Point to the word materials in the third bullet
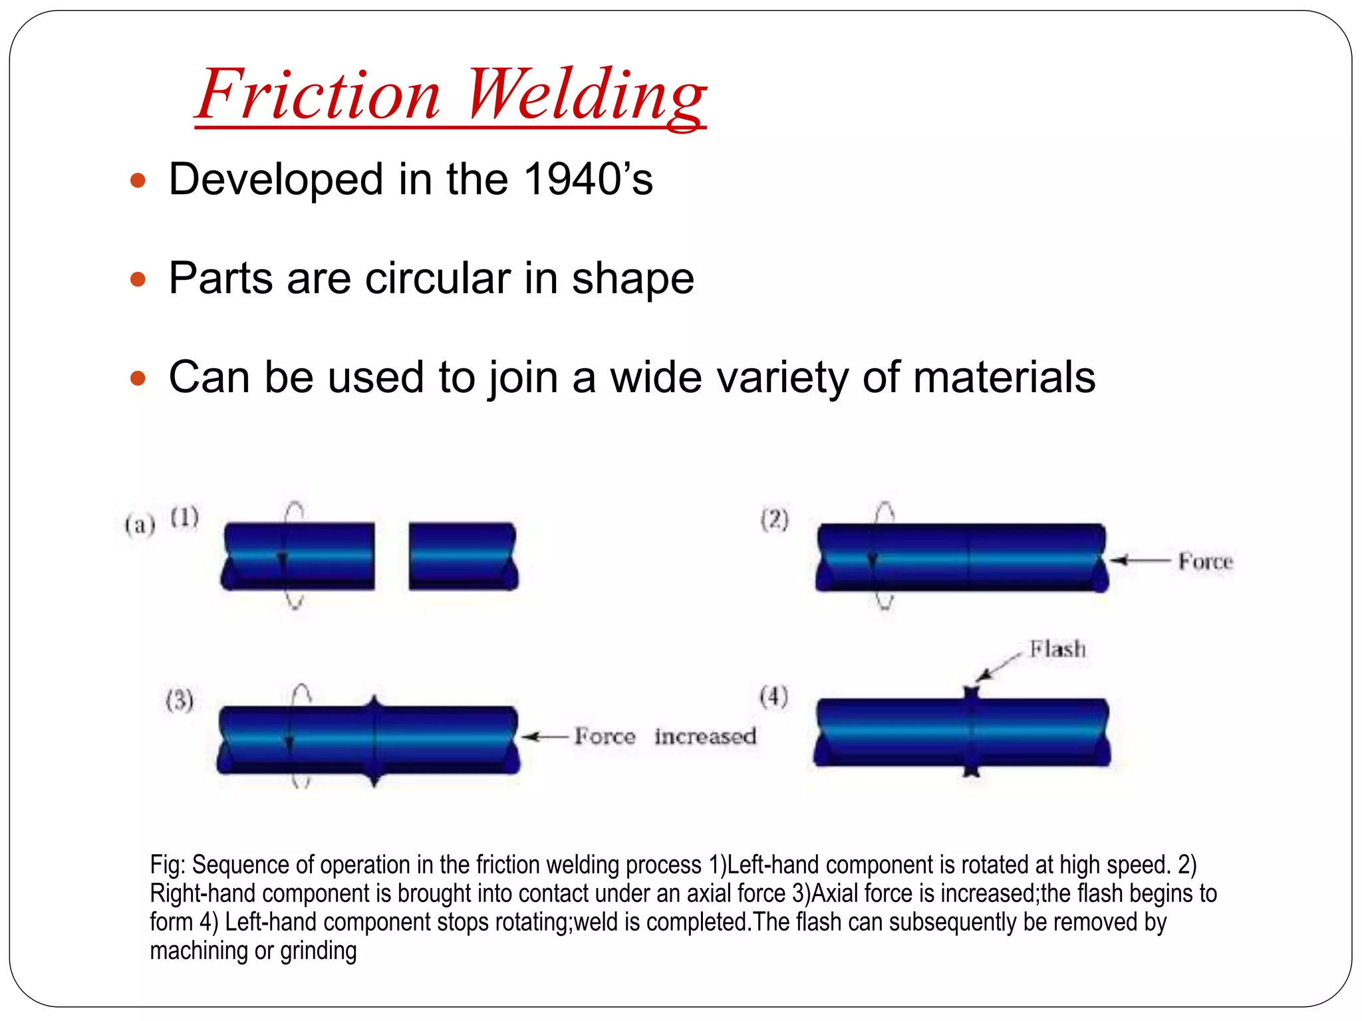[1004, 377]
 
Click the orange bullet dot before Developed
[138, 180]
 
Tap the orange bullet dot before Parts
[138, 279]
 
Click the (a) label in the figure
[140, 525]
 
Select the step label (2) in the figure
[775, 520]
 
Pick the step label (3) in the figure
[180, 701]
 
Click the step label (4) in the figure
[774, 697]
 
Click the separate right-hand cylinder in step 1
[463, 556]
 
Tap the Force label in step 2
[1205, 562]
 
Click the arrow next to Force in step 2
[1139, 561]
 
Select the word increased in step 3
[705, 737]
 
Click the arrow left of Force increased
[544, 737]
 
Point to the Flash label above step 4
[1057, 649]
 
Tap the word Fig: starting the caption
[168, 865]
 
